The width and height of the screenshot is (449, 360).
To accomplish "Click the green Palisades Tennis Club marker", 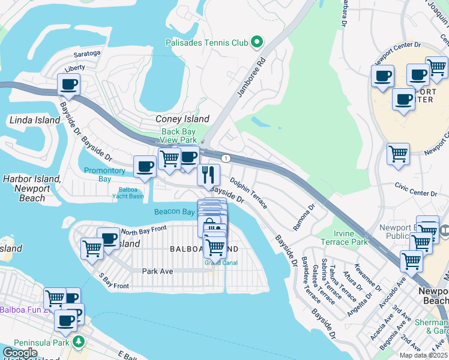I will (257, 42).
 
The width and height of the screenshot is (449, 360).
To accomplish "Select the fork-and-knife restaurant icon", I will (208, 175).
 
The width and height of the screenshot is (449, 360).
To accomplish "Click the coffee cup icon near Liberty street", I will (68, 84).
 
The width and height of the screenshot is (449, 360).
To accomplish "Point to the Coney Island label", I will (182, 119).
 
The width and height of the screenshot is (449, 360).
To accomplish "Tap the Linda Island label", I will (35, 120).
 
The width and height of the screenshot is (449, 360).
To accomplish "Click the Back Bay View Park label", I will (178, 136).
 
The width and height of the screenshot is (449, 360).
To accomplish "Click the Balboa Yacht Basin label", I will (127, 192).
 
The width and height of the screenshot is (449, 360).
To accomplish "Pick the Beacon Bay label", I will (174, 212).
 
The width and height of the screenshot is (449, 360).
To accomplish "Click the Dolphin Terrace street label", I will (248, 193).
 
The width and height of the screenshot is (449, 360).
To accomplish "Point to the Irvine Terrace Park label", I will (350, 237).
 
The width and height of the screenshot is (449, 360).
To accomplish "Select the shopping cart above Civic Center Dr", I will (398, 154).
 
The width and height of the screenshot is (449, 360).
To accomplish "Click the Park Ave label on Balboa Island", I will (157, 271).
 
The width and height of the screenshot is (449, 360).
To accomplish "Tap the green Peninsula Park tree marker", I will (78, 341).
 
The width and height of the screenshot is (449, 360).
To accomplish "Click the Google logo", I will (20, 353).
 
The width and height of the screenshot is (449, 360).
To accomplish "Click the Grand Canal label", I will (221, 263).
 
